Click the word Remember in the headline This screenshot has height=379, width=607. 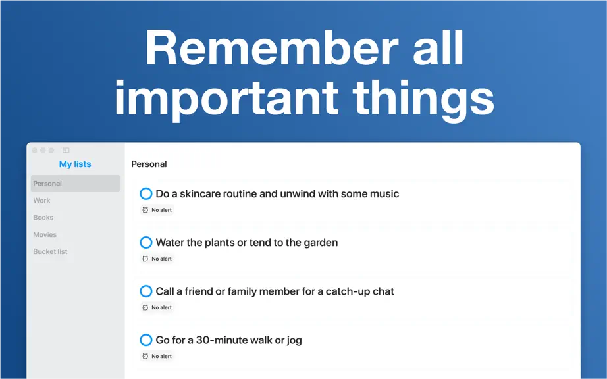272,48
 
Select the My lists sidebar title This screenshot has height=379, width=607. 75,164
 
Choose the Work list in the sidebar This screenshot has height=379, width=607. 41,200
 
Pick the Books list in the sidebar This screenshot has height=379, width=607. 43,217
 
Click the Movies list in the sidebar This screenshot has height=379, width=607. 45,234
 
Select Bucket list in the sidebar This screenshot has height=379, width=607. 50,251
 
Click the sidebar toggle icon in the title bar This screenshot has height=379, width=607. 66,150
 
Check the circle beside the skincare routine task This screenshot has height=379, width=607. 146,193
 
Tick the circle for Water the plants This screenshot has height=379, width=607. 146,243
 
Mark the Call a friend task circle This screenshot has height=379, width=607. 146,291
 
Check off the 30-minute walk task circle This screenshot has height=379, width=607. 146,340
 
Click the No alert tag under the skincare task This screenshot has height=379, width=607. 157,210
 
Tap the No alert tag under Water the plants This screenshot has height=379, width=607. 157,259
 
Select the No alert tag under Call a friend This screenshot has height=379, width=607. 157,307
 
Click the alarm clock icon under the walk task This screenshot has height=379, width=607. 145,356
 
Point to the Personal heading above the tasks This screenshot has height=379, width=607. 149,164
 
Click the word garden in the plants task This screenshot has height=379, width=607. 321,243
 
